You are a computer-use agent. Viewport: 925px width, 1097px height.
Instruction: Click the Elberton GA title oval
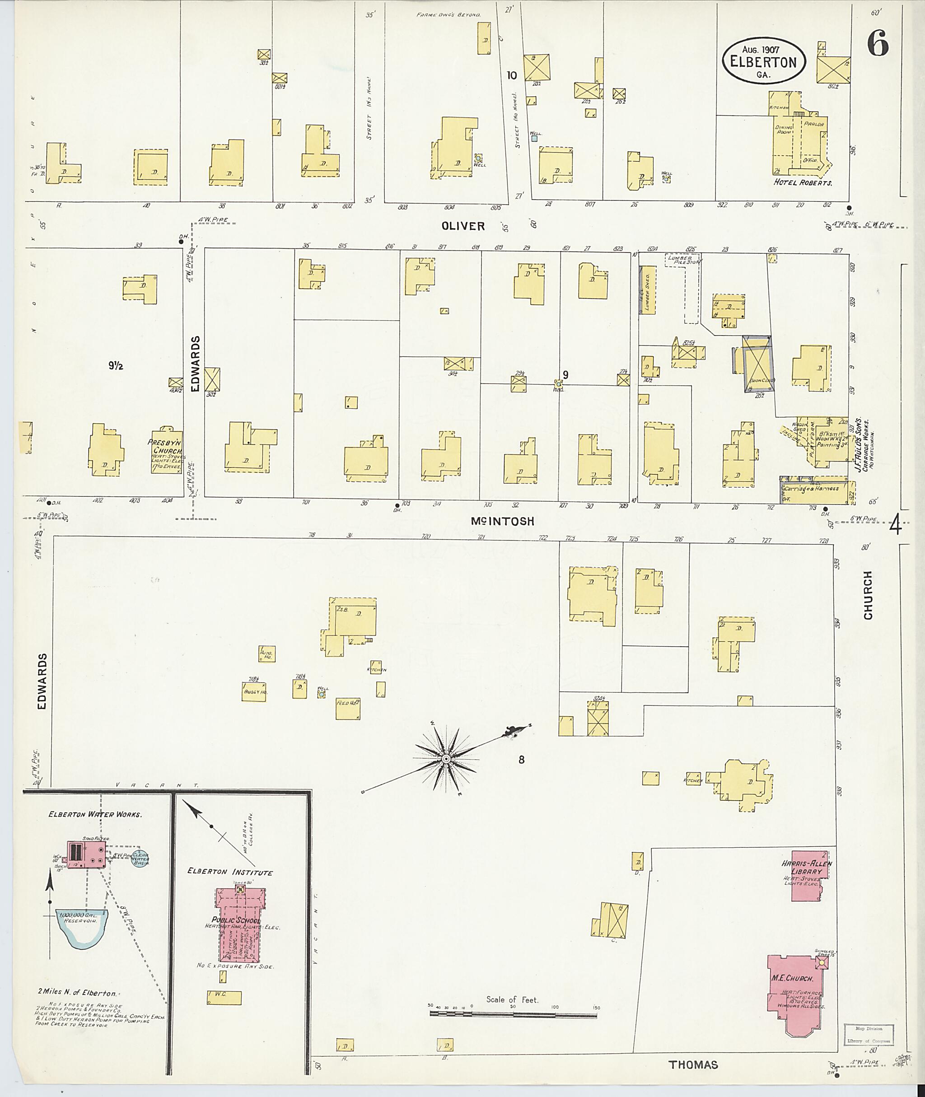(763, 61)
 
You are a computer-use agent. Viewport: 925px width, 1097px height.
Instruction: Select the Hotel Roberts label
(803, 182)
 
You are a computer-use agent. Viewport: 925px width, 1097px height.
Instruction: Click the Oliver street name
(463, 226)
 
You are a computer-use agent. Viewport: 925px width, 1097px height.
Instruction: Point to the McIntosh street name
(502, 521)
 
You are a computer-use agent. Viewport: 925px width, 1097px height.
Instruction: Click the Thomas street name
(693, 1064)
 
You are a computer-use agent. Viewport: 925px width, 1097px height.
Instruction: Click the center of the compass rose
(446, 759)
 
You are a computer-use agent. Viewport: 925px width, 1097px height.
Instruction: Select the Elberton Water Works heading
(95, 814)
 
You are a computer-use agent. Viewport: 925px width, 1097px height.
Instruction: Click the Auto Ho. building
(267, 654)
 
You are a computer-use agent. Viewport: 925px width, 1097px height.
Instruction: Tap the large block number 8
(521, 759)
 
